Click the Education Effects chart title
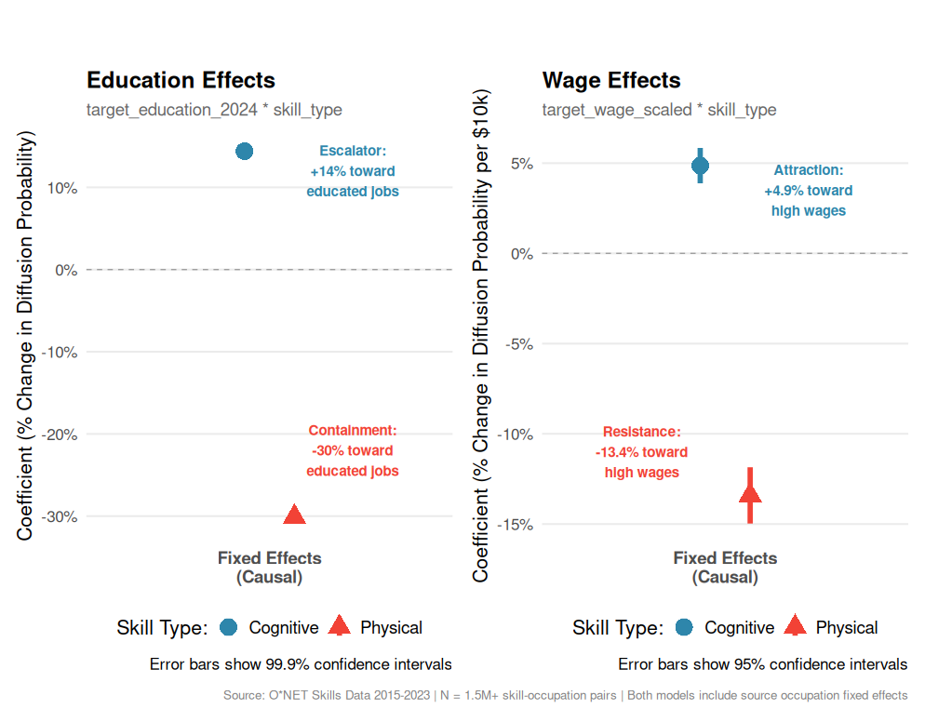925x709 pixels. (181, 81)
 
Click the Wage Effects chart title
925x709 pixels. (611, 81)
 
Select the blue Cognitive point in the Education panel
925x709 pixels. (245, 151)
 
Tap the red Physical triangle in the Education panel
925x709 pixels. (294, 515)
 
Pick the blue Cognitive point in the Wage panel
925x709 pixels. (700, 166)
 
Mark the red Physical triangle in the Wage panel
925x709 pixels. (750, 494)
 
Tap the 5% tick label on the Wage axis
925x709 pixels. (523, 164)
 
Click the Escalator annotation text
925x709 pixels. (353, 171)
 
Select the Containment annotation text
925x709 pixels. (353, 450)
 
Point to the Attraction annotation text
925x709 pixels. (809, 191)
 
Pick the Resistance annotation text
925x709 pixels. (642, 452)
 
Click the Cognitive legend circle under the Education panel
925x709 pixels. (229, 628)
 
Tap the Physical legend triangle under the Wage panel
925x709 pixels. (795, 627)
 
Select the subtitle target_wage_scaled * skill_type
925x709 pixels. (659, 110)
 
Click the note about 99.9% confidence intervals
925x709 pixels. (301, 664)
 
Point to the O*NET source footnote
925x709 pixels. (565, 695)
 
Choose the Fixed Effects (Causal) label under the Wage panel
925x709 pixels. (725, 568)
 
